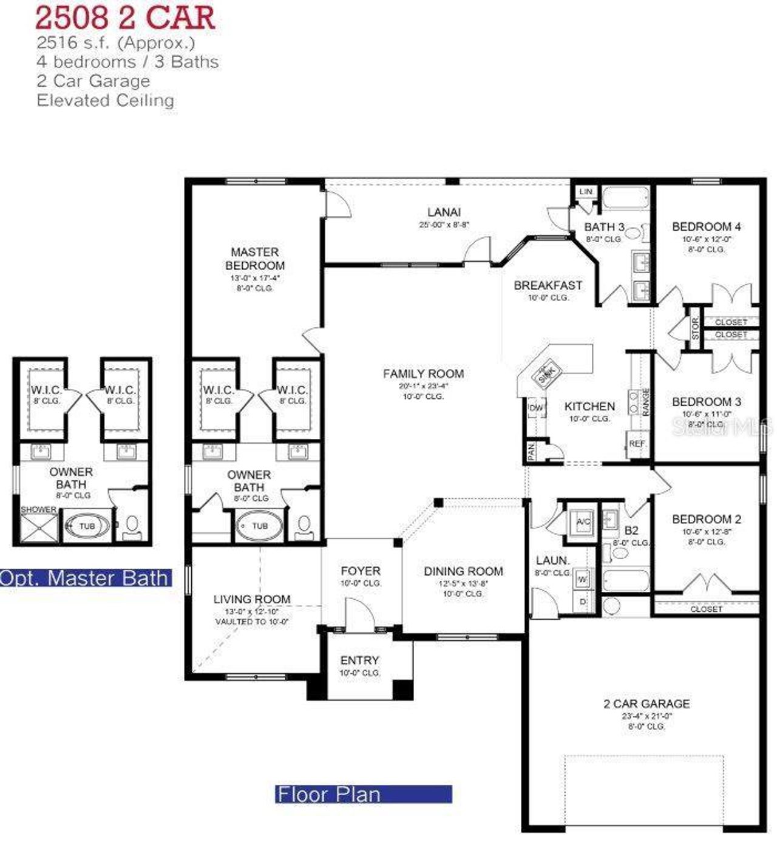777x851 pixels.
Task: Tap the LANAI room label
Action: (444, 212)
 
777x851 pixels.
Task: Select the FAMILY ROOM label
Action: (423, 374)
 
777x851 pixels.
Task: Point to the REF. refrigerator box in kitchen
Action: (637, 444)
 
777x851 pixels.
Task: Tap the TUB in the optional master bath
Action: (87, 526)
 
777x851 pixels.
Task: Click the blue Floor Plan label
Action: (363, 794)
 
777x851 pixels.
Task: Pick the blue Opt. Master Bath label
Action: (85, 578)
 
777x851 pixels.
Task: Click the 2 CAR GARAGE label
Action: (646, 704)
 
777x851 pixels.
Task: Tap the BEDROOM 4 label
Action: (706, 226)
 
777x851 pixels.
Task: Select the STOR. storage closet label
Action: (696, 327)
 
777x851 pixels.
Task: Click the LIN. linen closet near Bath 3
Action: (586, 192)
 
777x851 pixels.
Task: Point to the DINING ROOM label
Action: (463, 571)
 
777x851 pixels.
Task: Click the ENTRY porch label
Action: (359, 660)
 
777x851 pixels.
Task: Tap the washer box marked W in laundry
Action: (582, 580)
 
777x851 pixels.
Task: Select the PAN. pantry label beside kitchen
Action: (531, 451)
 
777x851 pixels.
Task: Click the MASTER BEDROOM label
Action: (255, 259)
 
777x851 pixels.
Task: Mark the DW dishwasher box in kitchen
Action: (537, 407)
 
